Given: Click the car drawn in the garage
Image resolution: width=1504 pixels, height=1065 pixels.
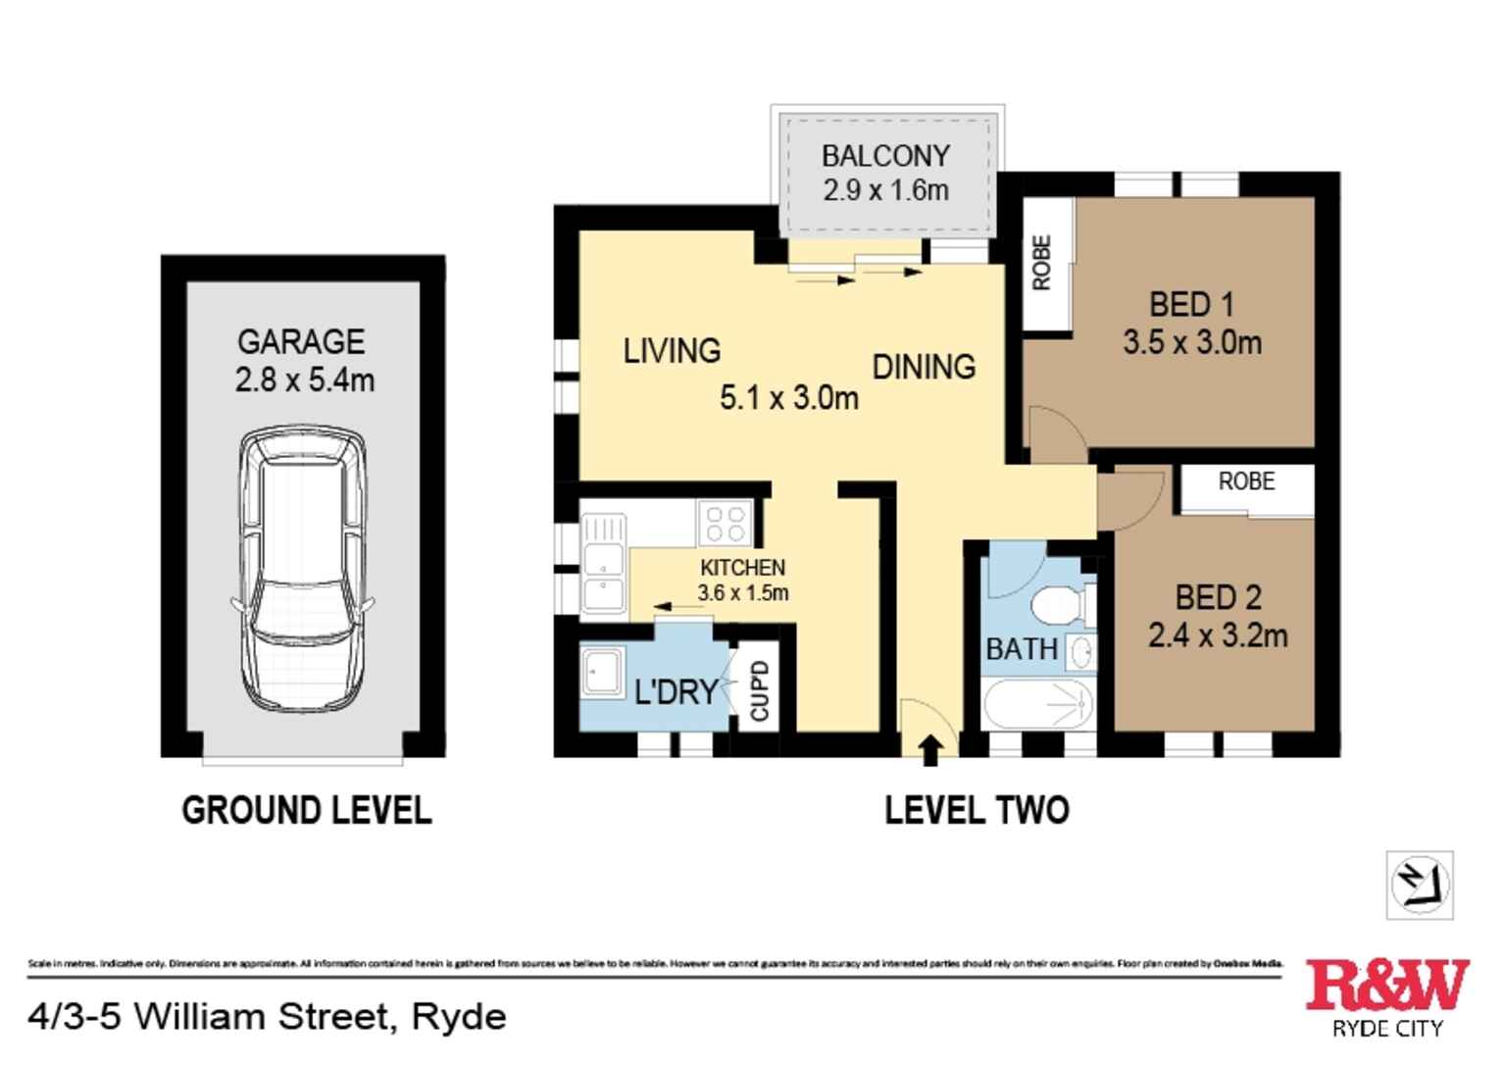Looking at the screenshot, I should click(302, 569).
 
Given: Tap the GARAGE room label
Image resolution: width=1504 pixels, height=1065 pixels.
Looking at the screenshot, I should click(301, 342).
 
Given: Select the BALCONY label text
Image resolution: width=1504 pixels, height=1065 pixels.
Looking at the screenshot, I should click(885, 156).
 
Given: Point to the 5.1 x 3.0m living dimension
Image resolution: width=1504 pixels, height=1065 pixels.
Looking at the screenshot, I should click(788, 398).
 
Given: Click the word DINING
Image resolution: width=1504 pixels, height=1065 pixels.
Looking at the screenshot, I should click(924, 367).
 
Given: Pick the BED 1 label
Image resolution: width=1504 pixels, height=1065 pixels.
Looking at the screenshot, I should click(1191, 305).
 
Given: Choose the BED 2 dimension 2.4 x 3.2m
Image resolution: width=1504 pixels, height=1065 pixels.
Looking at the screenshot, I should click(1218, 636).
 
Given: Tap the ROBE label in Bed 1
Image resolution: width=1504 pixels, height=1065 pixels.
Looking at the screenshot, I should click(1042, 263).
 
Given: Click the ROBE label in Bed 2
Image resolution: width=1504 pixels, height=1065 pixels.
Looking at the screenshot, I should click(1246, 482).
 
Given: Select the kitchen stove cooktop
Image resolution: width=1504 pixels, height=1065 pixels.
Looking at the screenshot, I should click(726, 523).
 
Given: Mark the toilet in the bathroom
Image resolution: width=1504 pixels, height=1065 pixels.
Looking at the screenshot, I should click(1062, 605).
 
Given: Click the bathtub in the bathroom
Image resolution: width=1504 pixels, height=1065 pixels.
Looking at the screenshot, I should click(1038, 703).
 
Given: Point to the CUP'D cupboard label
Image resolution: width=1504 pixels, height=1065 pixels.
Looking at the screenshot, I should click(760, 691).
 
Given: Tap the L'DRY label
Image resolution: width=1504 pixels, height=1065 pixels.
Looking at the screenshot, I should click(677, 692).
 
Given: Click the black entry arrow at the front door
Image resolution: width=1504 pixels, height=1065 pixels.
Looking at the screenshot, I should click(930, 750).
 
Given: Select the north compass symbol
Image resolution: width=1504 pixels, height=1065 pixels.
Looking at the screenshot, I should click(1420, 885).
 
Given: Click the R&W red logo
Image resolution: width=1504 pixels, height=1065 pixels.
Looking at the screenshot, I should click(1386, 985).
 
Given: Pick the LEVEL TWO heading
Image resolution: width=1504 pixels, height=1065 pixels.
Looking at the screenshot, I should click(977, 811).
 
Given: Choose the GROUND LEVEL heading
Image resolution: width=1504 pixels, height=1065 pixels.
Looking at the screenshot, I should click(307, 811).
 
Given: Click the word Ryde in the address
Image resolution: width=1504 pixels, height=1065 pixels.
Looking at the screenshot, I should click(459, 1018).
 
